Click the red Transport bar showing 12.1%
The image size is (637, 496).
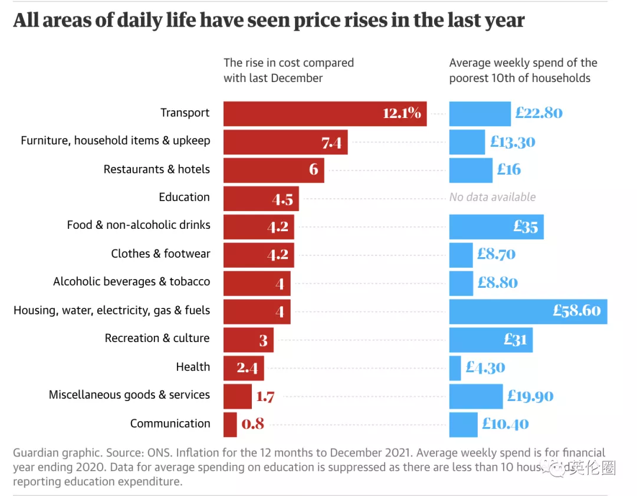[324, 113]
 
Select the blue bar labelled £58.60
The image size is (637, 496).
[528, 311]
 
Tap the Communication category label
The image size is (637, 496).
[170, 423]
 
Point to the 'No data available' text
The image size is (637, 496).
[492, 197]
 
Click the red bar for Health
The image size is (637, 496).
[244, 367]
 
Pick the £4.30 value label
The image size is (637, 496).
[485, 367]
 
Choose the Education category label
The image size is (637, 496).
[184, 197]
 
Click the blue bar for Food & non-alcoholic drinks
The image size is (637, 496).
[496, 226]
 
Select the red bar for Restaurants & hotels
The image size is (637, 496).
[273, 170]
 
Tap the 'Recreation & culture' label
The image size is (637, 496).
[157, 338]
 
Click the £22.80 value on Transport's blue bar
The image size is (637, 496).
[539, 113]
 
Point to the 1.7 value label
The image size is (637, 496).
[265, 396]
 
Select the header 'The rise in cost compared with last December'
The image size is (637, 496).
[288, 70]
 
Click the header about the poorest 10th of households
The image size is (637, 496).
[523, 70]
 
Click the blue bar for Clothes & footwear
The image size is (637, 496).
[461, 254]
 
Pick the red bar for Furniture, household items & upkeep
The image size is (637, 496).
[285, 142]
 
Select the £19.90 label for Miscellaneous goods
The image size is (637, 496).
[530, 396]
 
